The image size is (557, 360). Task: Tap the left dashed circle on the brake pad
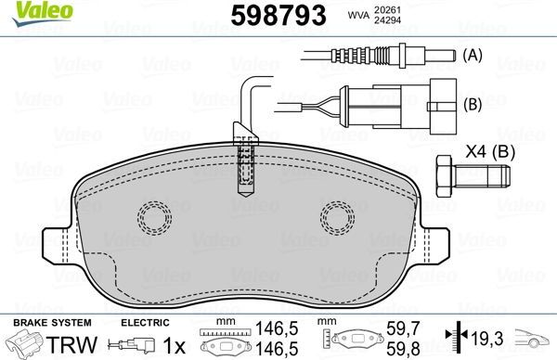(x=153, y=219)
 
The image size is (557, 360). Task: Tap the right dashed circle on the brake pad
(x=337, y=219)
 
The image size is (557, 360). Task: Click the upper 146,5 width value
(x=270, y=328)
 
